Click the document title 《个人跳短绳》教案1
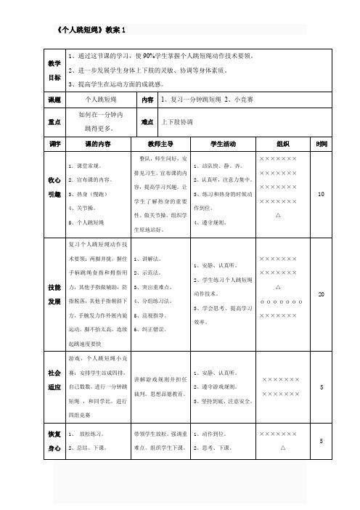pyautogui.click(x=91, y=30)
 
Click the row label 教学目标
pyautogui.click(x=54, y=71)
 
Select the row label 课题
pyautogui.click(x=54, y=99)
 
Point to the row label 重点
pyautogui.click(x=54, y=122)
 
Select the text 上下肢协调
pyautogui.click(x=177, y=122)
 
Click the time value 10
pyautogui.click(x=322, y=194)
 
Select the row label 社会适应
pyautogui.click(x=54, y=379)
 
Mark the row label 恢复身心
pyautogui.click(x=54, y=440)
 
